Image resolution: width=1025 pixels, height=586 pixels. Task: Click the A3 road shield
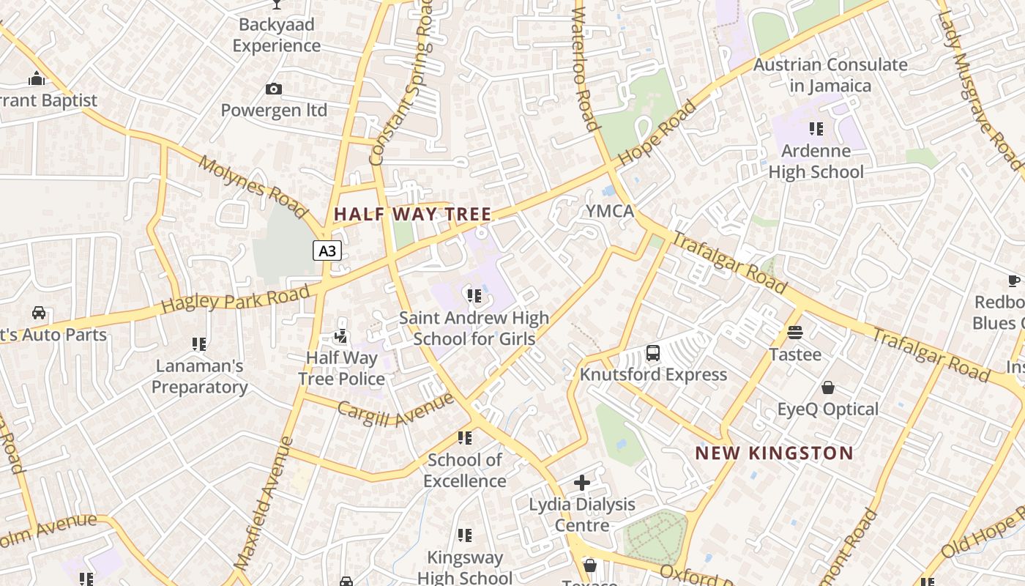[327, 251]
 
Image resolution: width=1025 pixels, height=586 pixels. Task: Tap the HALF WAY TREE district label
[412, 214]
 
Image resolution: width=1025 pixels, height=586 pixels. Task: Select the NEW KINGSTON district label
[774, 453]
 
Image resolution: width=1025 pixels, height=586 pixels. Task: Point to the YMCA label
[609, 212]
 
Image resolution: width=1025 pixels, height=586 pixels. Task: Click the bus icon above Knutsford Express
[653, 353]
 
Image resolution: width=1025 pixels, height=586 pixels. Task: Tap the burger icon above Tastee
[795, 333]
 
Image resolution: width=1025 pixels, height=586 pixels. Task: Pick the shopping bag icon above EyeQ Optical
[828, 387]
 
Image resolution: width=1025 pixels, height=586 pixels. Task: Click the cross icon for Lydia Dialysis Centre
[582, 483]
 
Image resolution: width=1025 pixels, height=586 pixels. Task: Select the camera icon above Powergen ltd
[274, 89]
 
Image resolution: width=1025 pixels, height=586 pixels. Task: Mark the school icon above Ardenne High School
[816, 129]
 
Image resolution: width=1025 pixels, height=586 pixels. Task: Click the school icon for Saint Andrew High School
[474, 296]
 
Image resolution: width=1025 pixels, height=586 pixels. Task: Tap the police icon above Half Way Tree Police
[341, 336]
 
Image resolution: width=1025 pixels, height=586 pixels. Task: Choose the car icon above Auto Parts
[39, 313]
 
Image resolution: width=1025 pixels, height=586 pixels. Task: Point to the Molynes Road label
[253, 187]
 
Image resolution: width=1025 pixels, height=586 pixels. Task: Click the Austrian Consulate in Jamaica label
[830, 75]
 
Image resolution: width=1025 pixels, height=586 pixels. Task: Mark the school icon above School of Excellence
[464, 438]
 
